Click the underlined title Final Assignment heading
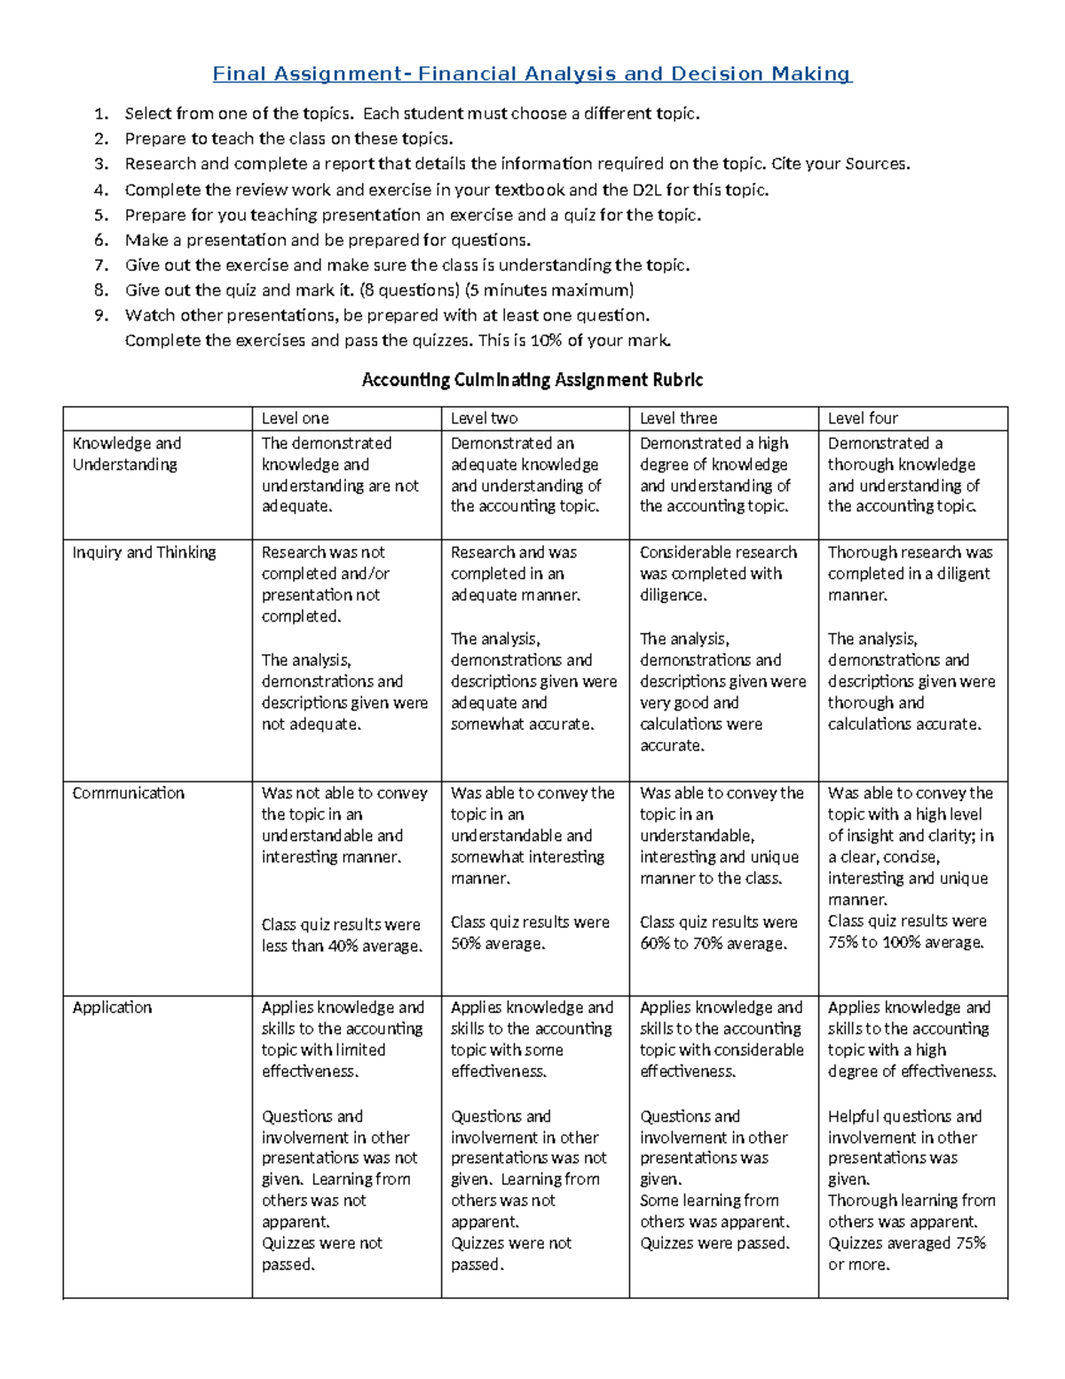tap(532, 74)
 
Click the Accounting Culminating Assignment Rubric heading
tap(532, 380)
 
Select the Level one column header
tap(295, 418)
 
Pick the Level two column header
tap(484, 418)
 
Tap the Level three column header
tap(678, 418)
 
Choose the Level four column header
tap(863, 418)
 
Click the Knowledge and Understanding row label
tap(126, 454)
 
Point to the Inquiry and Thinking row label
tap(144, 552)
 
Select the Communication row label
tap(128, 793)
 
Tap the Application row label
tap(112, 1007)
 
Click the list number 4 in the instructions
tap(101, 190)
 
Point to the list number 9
tap(101, 315)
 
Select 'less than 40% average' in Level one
tap(342, 947)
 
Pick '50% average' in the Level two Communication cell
tap(497, 944)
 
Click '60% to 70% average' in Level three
tap(713, 944)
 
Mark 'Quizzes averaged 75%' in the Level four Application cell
tap(906, 1243)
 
